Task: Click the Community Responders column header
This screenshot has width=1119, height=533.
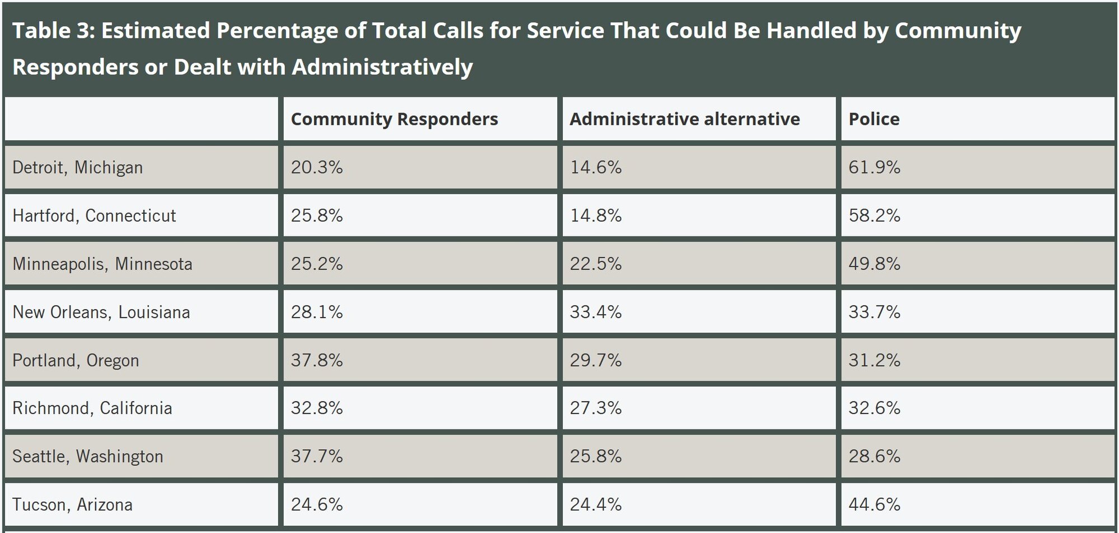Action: [394, 119]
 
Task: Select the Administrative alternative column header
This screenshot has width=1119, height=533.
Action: [684, 119]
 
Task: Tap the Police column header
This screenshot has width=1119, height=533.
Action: [874, 119]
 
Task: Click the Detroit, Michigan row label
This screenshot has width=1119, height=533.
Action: [77, 167]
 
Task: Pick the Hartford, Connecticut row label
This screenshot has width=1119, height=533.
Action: [94, 215]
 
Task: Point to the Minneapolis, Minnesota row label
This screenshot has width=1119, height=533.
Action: [102, 263]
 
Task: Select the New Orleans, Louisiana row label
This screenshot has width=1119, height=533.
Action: [101, 312]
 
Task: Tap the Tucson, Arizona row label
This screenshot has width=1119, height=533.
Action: [72, 504]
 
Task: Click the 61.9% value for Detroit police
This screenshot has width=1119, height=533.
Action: [874, 167]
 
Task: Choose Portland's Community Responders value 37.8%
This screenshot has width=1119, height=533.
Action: [317, 360]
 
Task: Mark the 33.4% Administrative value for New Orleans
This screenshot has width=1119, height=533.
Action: [595, 312]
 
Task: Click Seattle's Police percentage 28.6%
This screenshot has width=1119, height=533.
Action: [874, 456]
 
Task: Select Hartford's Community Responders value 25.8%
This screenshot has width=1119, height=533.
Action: [317, 215]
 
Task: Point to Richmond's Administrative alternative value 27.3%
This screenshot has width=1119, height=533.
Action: [595, 408]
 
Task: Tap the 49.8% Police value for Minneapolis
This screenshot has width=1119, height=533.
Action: [874, 263]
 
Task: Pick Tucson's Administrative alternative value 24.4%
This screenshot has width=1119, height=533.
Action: [595, 504]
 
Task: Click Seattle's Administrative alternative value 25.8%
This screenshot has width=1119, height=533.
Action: [595, 456]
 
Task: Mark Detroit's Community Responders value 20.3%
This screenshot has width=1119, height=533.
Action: [317, 167]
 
